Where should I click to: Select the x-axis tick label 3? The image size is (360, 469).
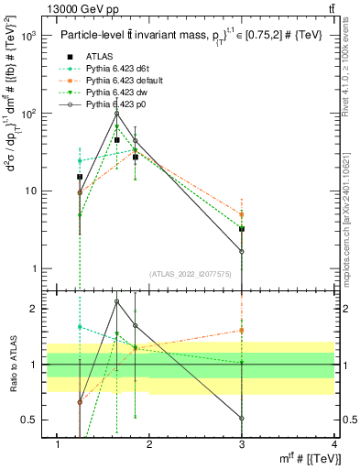point(242,444)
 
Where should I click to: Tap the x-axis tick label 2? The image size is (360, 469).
point(149,444)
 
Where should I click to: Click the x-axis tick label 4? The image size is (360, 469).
point(334,444)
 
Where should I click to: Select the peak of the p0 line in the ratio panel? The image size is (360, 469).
point(117,300)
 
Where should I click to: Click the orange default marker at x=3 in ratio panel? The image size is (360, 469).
point(242,330)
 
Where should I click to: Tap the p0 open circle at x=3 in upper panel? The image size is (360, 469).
point(242,251)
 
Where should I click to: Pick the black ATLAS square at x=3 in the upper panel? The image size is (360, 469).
point(242,228)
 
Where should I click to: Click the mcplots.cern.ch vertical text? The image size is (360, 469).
point(351,221)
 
